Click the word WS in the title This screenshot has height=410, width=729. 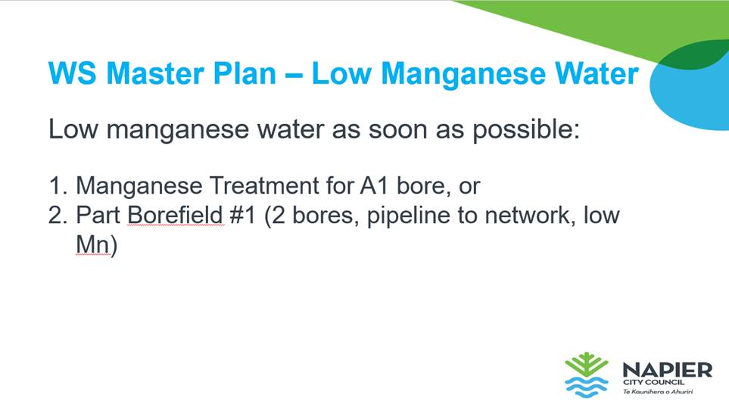[x=73, y=74]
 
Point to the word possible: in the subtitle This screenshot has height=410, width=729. [x=526, y=129]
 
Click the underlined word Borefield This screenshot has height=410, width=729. [x=176, y=216]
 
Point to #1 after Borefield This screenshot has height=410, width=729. [x=243, y=216]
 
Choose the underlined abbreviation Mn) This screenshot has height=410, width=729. [x=97, y=244]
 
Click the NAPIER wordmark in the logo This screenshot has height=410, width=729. [x=667, y=370]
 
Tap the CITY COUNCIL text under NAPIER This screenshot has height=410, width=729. [x=654, y=382]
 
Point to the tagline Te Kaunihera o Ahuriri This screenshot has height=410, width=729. [x=658, y=392]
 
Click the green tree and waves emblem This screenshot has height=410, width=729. [x=587, y=374]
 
